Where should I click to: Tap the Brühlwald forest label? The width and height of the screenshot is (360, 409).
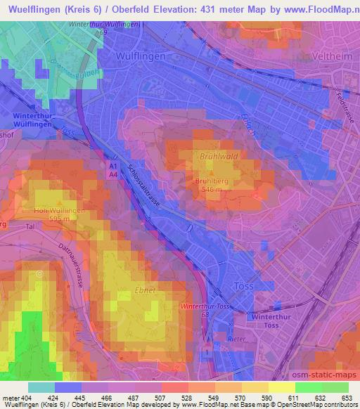coord(216,158)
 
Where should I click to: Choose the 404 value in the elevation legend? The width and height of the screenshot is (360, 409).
coord(27,398)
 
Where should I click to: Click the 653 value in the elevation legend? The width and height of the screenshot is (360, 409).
coord(347,398)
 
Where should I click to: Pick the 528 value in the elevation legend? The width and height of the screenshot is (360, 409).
coord(187,398)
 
